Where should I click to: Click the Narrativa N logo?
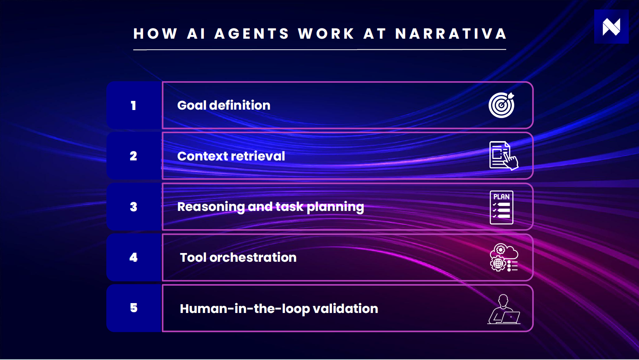click(x=611, y=27)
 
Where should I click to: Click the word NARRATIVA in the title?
click(x=451, y=34)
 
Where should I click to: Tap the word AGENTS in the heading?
click(x=252, y=34)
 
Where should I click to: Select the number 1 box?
click(x=134, y=105)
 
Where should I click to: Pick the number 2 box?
click(x=134, y=156)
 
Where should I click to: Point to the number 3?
click(x=134, y=207)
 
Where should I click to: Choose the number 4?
click(x=134, y=258)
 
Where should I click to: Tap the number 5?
click(x=134, y=308)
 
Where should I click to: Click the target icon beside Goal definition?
click(x=502, y=105)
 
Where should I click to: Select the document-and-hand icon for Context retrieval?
click(x=503, y=156)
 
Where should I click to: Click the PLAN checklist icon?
click(x=501, y=207)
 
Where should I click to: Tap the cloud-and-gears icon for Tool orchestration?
click(x=504, y=258)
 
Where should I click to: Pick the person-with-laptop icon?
click(x=504, y=310)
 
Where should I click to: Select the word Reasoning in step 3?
click(x=211, y=207)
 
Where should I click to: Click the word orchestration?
click(x=253, y=258)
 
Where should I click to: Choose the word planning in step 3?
click(x=335, y=207)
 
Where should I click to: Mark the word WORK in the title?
click(x=326, y=34)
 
